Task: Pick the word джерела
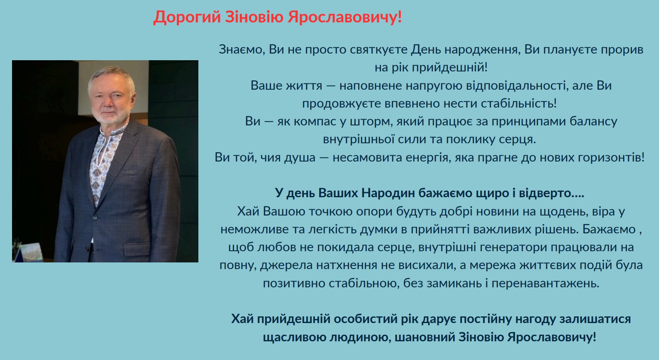[x=286, y=265]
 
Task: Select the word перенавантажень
[x=545, y=284]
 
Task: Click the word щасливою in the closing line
[x=294, y=337]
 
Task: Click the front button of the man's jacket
[x=95, y=218]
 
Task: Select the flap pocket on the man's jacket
[x=137, y=248]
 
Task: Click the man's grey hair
[x=111, y=76]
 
